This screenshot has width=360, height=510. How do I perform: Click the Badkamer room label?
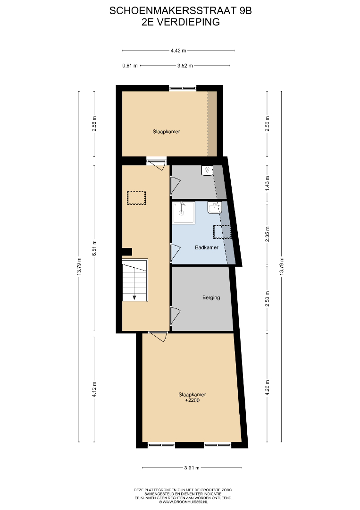(x=207, y=247)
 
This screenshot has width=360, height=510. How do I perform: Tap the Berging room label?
(x=211, y=297)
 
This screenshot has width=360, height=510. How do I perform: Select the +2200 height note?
(x=193, y=400)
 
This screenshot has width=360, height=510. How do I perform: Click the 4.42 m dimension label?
(x=178, y=51)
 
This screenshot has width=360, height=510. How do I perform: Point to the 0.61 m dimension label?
(x=130, y=66)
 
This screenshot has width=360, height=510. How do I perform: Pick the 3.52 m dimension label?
(x=185, y=66)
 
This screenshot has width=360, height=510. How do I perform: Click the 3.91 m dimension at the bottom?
(x=192, y=467)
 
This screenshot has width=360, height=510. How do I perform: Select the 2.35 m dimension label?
(x=268, y=234)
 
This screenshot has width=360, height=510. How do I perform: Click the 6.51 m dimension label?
(x=94, y=248)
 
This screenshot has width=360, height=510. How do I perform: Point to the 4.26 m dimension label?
(x=268, y=388)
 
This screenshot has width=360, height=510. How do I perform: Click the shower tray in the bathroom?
(x=184, y=212)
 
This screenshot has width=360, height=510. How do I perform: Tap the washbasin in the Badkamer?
(x=215, y=208)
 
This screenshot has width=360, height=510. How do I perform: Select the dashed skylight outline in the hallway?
(x=136, y=197)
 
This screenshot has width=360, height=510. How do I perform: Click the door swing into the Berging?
(x=176, y=315)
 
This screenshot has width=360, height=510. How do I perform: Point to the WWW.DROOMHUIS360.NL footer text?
(x=183, y=502)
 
